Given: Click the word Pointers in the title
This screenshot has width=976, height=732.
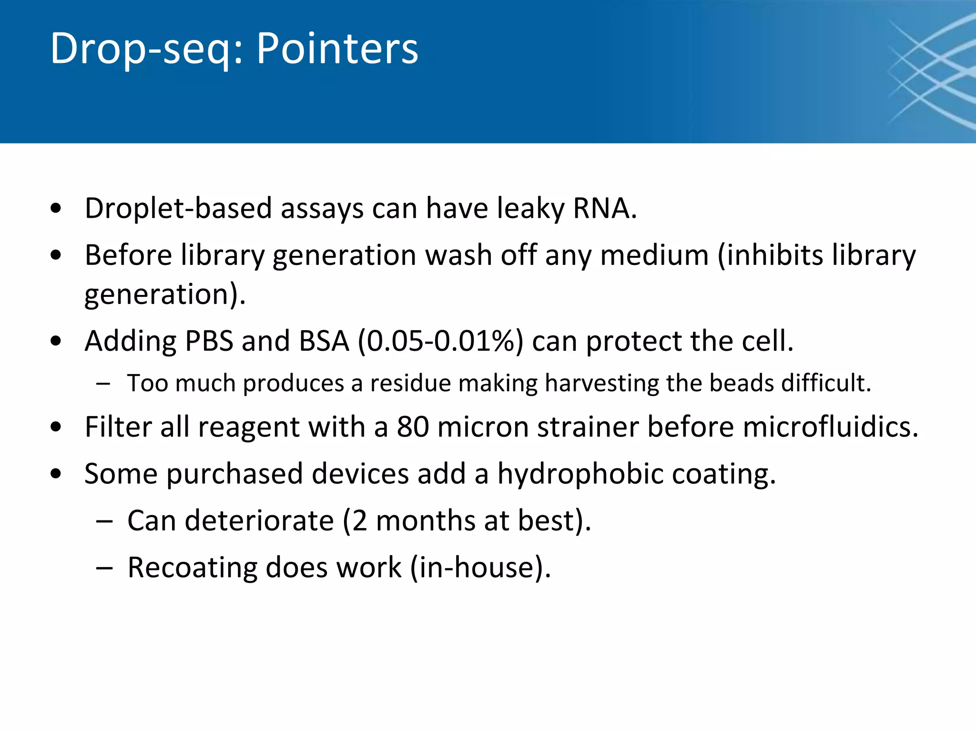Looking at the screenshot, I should point(337,49).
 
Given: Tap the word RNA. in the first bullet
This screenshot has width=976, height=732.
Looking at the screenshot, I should point(605,209).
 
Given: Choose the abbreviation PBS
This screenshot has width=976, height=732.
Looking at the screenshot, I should point(209,341).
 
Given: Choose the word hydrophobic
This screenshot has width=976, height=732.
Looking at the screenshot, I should point(580,474).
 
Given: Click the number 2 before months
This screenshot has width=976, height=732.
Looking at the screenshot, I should point(359,520).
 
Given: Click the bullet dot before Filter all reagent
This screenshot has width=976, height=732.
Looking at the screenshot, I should point(56,427).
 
